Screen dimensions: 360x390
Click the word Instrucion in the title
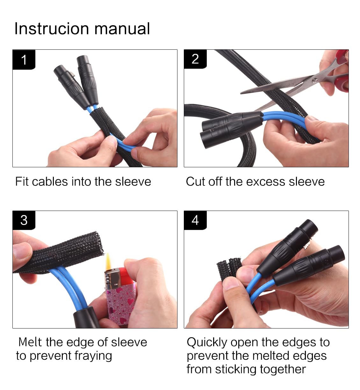52,29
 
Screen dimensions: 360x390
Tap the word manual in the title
122,29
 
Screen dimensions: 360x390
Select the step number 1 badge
24,60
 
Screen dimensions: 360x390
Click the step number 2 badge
195,59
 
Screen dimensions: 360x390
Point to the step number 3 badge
24,220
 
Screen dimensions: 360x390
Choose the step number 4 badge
195,220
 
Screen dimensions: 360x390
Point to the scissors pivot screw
315,80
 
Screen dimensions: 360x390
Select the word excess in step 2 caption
266,182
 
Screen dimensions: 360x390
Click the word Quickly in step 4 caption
207,343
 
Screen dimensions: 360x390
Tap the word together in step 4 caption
283,370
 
